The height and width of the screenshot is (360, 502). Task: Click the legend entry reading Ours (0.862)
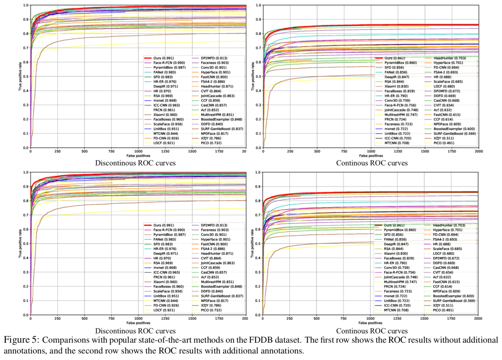395,58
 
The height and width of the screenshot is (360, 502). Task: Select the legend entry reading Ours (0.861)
394,225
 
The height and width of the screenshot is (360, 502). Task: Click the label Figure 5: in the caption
21,340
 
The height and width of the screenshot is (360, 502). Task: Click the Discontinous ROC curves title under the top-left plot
135,163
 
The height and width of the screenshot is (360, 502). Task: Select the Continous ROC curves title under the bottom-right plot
372,331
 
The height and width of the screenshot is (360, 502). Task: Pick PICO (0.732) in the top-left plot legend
211,143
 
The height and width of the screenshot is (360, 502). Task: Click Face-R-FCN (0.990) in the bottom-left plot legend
169,230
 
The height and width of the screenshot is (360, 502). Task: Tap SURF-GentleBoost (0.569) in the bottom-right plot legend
454,301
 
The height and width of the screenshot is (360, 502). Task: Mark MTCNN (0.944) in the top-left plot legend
166,134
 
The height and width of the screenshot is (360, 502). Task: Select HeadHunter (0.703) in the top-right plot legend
450,58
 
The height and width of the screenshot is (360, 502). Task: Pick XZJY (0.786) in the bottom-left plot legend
211,306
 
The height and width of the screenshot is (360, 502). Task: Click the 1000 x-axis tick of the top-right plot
371,151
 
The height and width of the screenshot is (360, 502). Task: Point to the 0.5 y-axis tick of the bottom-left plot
26,244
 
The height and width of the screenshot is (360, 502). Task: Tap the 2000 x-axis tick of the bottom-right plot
478,319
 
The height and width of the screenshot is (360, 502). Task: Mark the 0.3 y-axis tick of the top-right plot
258,105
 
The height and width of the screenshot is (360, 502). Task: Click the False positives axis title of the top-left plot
138,156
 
